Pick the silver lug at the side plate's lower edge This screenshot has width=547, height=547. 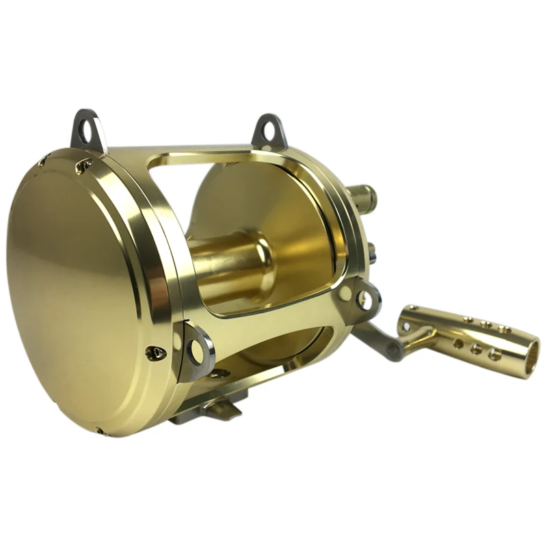tap(196, 350)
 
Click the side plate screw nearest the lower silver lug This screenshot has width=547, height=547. tap(156, 353)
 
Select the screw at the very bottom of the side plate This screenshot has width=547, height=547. tap(101, 431)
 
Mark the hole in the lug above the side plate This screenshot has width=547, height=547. tap(85, 126)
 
